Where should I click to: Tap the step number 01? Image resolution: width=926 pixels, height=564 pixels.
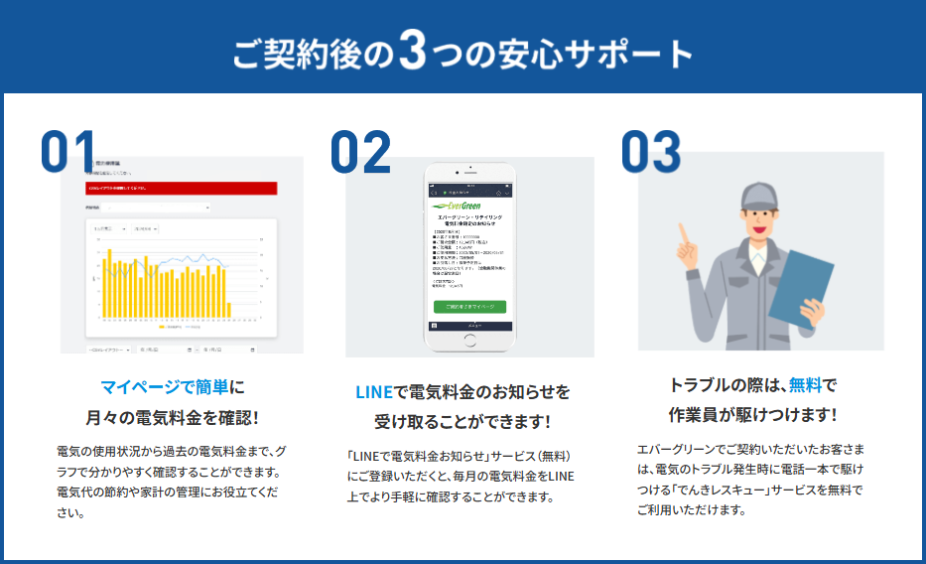tap(69, 152)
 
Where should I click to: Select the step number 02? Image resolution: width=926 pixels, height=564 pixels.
tap(361, 152)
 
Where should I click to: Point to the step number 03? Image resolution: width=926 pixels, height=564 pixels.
tap(651, 152)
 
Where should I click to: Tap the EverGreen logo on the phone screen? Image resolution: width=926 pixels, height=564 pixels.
tap(457, 206)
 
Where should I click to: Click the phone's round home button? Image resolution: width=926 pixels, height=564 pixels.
tap(469, 340)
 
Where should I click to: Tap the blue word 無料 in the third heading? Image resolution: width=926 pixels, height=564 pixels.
tap(805, 384)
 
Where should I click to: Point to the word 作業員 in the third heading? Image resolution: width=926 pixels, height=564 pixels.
tap(694, 414)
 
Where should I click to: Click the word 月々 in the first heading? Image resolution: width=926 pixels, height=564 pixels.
tap(103, 417)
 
